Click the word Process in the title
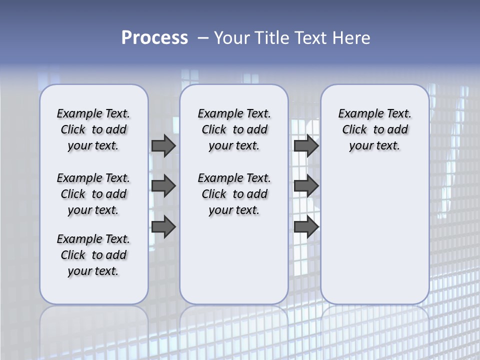(154, 38)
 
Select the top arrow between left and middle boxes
(163, 145)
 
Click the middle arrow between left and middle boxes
(163, 186)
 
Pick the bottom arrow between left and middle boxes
(163, 227)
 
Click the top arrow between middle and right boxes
(306, 145)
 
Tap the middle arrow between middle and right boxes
(306, 186)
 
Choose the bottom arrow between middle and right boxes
(306, 227)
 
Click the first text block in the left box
(93, 129)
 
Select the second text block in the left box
(93, 194)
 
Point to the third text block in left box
(93, 255)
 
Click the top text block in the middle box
(234, 129)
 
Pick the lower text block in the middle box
(234, 194)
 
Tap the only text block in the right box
(374, 129)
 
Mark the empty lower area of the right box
(374, 230)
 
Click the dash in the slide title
(202, 38)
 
